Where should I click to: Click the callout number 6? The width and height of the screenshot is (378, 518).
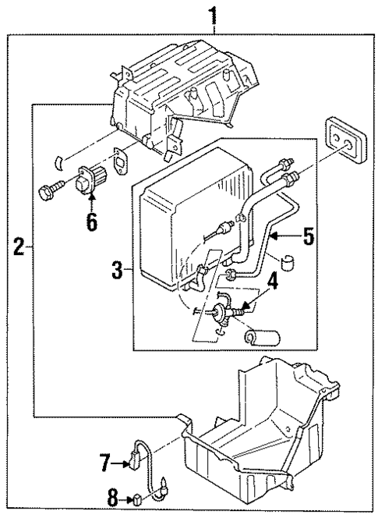[92, 222]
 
